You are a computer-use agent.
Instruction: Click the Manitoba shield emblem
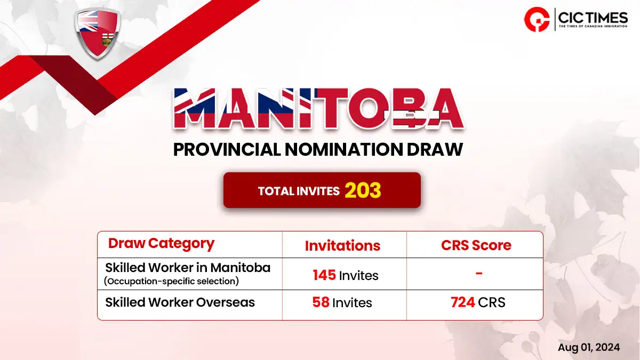click(x=98, y=34)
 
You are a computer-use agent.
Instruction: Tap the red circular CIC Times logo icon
click(x=537, y=19)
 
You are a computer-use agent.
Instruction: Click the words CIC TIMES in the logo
click(x=593, y=18)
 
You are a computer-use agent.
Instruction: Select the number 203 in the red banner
click(x=363, y=190)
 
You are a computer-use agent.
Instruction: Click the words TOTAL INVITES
click(x=299, y=191)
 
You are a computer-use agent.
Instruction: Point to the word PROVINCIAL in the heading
click(x=227, y=149)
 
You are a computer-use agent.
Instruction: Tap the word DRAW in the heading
click(x=435, y=149)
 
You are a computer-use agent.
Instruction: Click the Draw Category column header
click(x=162, y=244)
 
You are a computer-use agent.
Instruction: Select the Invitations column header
click(x=342, y=246)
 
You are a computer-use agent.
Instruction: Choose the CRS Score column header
click(x=476, y=245)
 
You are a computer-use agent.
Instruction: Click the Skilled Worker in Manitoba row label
click(x=188, y=268)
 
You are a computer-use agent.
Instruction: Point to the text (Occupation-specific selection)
click(x=171, y=281)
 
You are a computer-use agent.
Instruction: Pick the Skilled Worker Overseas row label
click(x=180, y=302)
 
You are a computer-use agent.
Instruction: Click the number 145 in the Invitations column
click(x=324, y=275)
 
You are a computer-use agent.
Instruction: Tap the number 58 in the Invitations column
click(x=321, y=302)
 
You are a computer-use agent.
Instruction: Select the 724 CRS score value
click(x=462, y=302)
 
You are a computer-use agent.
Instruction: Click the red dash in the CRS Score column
click(x=479, y=274)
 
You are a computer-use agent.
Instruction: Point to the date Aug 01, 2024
click(x=589, y=347)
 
